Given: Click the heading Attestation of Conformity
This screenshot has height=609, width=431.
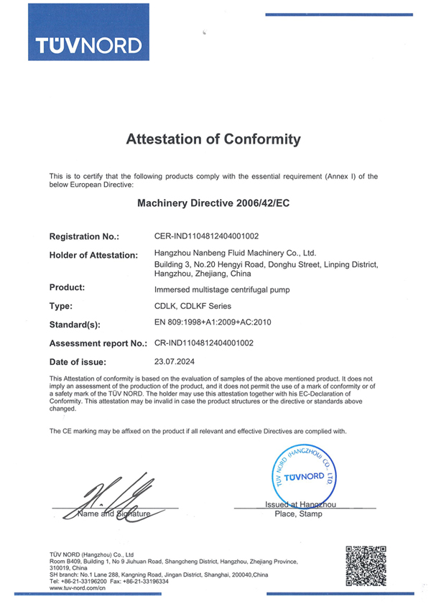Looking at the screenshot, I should pos(213,139).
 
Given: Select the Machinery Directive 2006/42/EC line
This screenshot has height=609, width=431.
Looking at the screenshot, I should pos(213,203).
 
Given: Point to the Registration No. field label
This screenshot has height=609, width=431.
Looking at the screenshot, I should pos(84,236).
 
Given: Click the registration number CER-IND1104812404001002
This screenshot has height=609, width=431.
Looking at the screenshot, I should pos(207,236).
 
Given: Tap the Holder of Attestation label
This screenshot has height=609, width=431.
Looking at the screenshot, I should pos(93,255).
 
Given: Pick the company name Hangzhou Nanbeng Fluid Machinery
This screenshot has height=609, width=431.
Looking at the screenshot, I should pos(236,253).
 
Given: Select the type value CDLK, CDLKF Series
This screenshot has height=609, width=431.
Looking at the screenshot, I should pos(192,306).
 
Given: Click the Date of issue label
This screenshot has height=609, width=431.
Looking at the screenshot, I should pos(78,362).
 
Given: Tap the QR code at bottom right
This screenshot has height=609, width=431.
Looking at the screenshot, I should pos(366,567).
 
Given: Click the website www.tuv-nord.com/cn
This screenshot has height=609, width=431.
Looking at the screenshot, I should pos(78,587).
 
